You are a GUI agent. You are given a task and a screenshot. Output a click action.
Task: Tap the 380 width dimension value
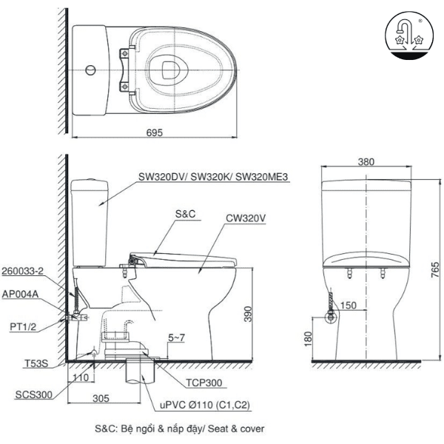click(x=366, y=162)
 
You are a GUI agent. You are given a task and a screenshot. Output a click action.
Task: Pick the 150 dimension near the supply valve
click(x=349, y=305)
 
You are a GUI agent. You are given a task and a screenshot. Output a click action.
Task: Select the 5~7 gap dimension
click(x=177, y=338)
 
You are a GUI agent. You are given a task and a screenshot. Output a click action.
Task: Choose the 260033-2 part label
click(x=21, y=272)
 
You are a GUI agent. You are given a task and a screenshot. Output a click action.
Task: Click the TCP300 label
click(x=205, y=383)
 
